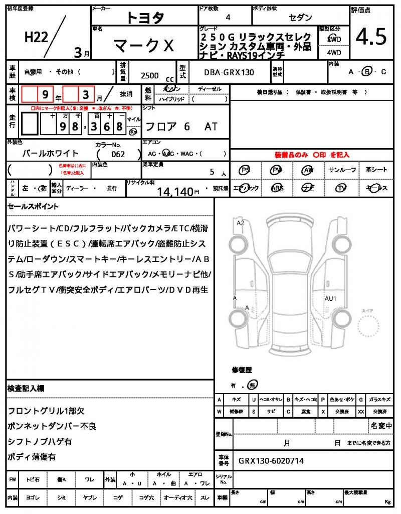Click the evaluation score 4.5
[x=371, y=37]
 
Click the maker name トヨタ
[x=145, y=18]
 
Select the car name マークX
[x=144, y=46]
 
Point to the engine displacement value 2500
[x=150, y=75]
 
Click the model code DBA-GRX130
[x=229, y=72]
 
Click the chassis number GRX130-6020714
[x=271, y=461]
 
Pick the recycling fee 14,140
[x=175, y=191]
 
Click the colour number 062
[x=119, y=155]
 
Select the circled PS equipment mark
[x=245, y=170]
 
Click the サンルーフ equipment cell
[x=343, y=170]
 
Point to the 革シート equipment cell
[x=376, y=170]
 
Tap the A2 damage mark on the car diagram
[x=241, y=223]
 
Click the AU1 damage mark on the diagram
[x=330, y=299]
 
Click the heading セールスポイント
[x=33, y=206]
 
